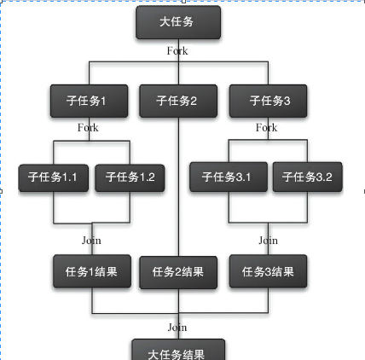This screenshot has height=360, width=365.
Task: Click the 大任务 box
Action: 178,22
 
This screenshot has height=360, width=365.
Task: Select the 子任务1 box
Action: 89,101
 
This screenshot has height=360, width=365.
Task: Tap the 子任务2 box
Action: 178,101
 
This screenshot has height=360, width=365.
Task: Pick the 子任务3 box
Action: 268,101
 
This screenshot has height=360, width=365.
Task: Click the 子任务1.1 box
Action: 54,177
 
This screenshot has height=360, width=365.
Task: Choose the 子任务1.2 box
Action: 130,177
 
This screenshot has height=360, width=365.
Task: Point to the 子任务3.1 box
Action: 229,177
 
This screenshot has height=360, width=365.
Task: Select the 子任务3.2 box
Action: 307,177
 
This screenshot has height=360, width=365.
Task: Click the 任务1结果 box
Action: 92,271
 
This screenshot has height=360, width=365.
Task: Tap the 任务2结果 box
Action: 178,272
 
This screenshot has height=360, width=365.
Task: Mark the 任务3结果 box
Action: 268,271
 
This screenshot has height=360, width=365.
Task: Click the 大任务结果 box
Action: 178,350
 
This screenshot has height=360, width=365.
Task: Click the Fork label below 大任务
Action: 177,51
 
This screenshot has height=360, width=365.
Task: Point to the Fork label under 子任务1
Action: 88,128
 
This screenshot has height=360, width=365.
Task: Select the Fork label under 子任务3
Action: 266,127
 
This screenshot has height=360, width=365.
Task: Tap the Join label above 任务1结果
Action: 91,241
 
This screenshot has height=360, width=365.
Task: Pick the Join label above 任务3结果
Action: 268,241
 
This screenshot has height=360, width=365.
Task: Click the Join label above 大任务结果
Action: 177,328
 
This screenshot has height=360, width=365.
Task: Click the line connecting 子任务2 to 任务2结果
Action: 178,187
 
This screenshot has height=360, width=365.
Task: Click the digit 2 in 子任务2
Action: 194,101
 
